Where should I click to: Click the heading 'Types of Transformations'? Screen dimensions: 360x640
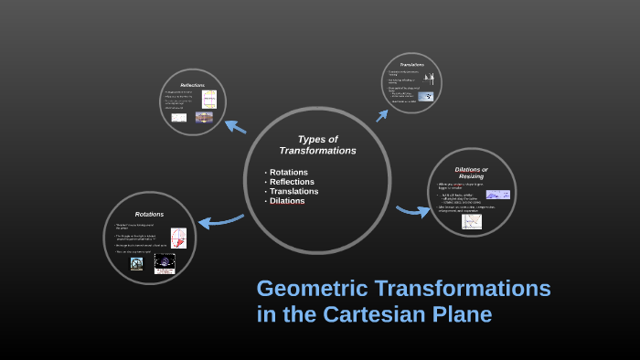[317, 144]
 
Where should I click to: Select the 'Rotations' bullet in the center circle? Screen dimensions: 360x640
[288, 172]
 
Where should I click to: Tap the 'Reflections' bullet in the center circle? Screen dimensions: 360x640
[292, 182]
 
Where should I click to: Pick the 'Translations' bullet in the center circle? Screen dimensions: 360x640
[293, 191]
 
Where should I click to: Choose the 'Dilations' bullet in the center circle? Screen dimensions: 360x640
[287, 201]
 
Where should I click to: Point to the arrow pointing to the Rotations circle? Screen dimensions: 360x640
[219, 219]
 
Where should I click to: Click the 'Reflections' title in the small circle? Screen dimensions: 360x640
[192, 85]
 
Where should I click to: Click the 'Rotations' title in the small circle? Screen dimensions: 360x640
[149, 214]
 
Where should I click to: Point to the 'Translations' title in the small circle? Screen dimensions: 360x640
[411, 64]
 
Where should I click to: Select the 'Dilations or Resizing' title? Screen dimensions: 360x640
[471, 172]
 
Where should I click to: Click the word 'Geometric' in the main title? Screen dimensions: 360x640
[313, 289]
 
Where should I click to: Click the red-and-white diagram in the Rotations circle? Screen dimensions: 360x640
[177, 238]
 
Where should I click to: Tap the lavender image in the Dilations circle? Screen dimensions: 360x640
[497, 195]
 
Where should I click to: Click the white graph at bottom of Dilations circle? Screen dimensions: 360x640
[472, 221]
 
